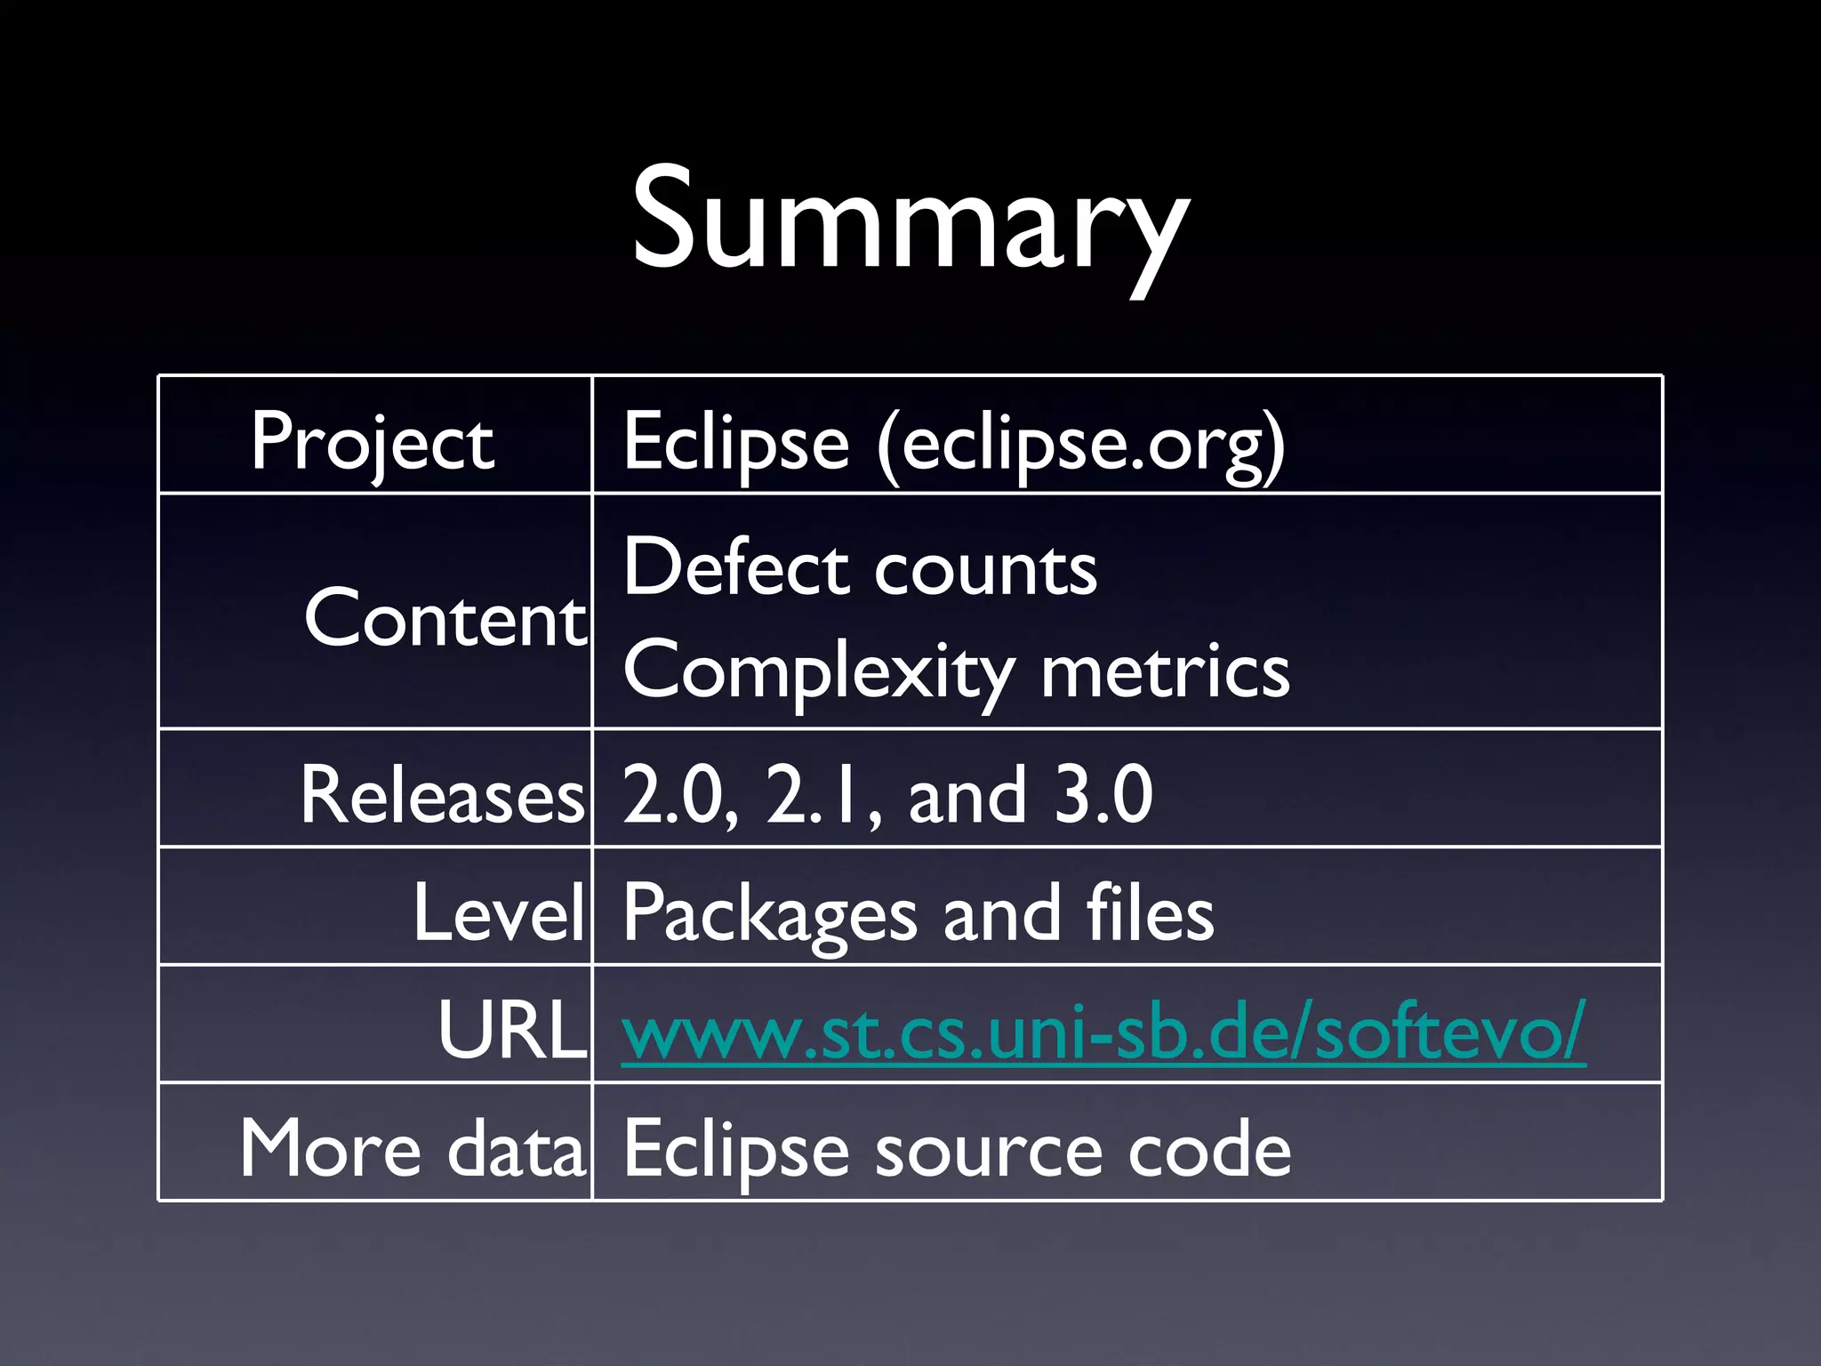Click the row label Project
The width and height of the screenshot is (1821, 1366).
(x=372, y=442)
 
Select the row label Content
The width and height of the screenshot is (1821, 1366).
(x=445, y=618)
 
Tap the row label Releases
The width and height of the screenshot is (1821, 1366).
(x=442, y=795)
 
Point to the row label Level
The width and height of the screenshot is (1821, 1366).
(x=498, y=912)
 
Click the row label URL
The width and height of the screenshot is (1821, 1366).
(x=511, y=1030)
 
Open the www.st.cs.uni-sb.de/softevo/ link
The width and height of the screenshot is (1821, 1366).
(x=1103, y=1032)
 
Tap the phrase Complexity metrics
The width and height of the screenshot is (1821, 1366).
(x=956, y=671)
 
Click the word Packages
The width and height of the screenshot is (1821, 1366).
(x=769, y=915)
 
